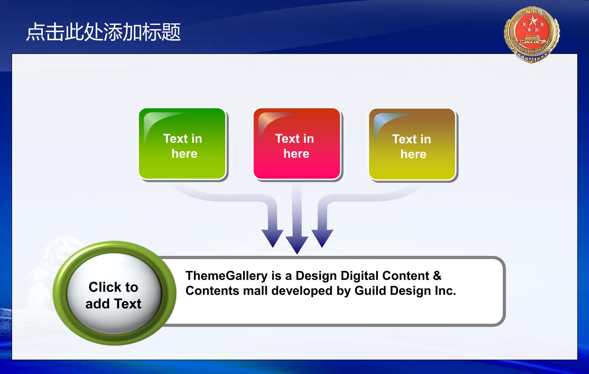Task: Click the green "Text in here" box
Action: click(x=183, y=144)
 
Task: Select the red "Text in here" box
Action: click(x=297, y=144)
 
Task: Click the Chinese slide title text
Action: click(x=103, y=32)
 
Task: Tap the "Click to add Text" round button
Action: click(x=114, y=293)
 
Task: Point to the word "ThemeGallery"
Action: click(x=226, y=276)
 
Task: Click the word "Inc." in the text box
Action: click(x=445, y=291)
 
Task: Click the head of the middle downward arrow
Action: click(x=297, y=245)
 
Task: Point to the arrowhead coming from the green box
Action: click(x=273, y=238)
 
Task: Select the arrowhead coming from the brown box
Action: click(x=322, y=238)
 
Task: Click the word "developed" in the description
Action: click(x=302, y=291)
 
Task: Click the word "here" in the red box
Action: click(x=296, y=154)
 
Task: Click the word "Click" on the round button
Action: click(x=104, y=287)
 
